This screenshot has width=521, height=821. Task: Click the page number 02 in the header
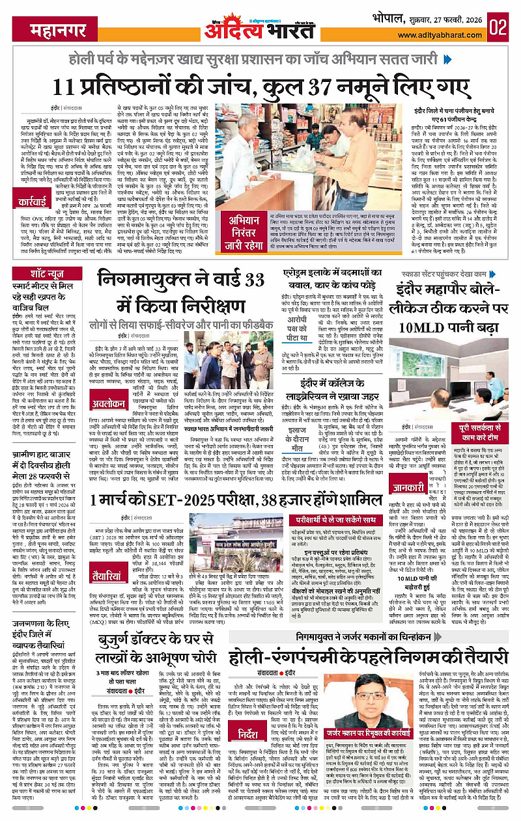(x=500, y=27)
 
